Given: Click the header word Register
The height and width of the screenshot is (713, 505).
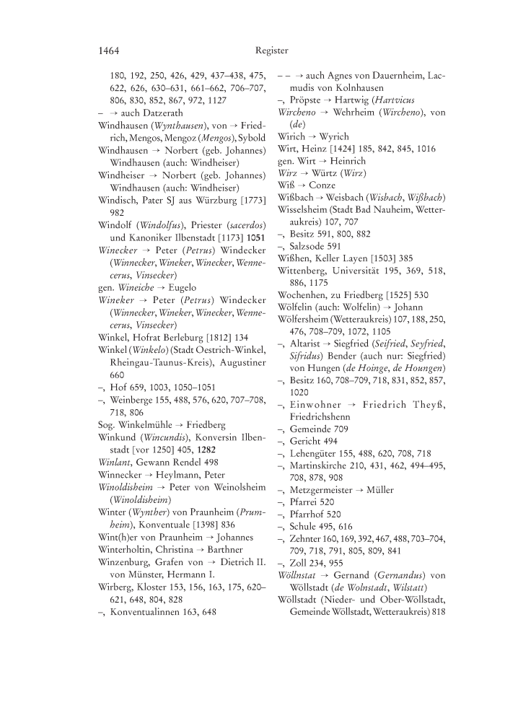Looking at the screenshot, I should pyautogui.click(x=271, y=51).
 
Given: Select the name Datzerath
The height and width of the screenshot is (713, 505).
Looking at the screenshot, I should pyautogui.click(x=162, y=113).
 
